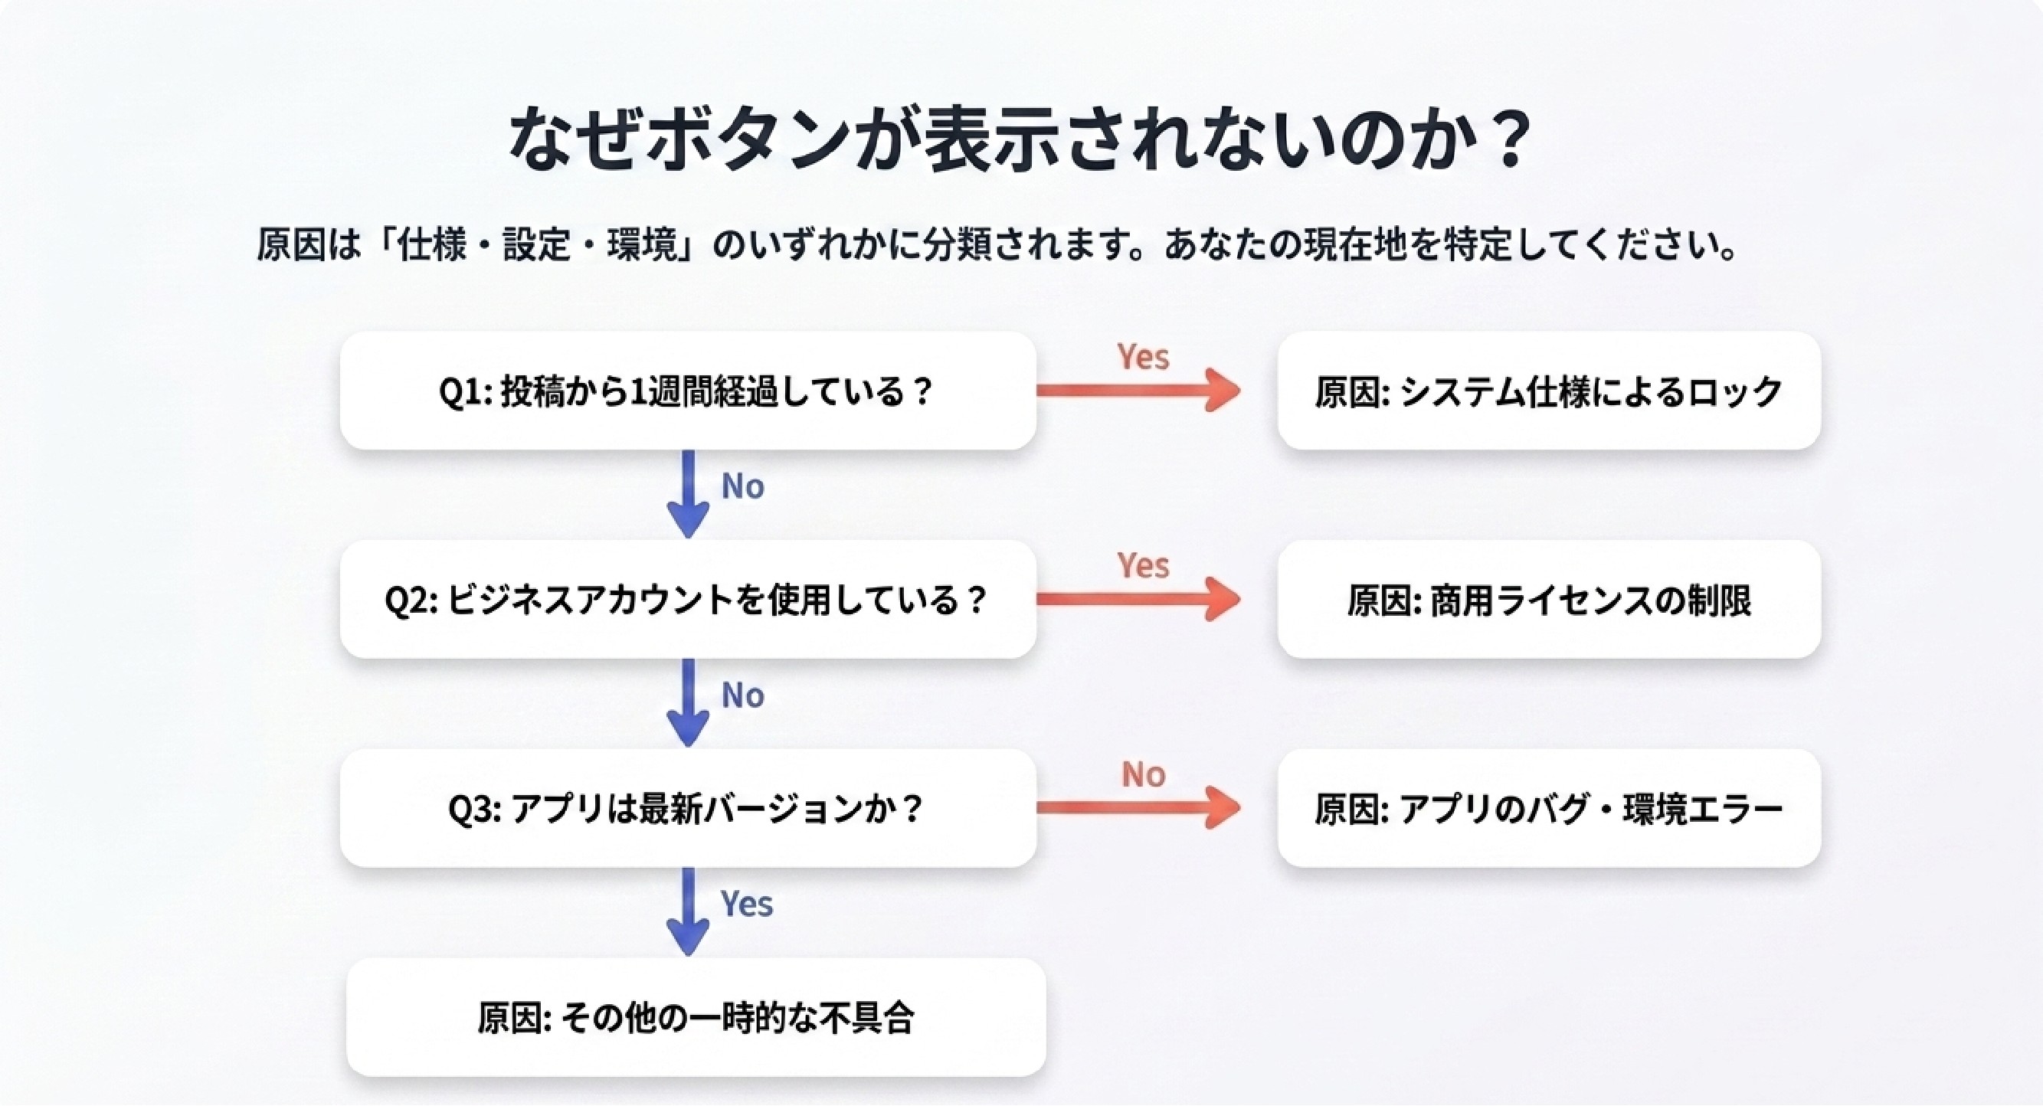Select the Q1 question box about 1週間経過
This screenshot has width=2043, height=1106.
point(689,391)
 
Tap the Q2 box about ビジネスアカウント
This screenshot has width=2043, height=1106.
point(689,600)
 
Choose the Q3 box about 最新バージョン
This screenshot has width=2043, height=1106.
point(689,808)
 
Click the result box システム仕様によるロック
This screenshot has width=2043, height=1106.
point(1549,391)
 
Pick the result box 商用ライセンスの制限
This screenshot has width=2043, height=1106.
point(1549,600)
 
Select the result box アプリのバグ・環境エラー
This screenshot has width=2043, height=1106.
point(1549,808)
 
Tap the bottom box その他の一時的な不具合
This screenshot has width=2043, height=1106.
point(696,1017)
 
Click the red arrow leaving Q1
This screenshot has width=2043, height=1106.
point(1139,390)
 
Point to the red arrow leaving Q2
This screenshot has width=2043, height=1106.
point(1139,599)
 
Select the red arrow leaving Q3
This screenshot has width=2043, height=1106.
point(1139,807)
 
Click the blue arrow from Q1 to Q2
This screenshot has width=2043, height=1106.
point(688,495)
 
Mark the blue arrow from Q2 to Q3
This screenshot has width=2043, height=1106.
point(688,703)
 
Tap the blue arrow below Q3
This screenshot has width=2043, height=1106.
point(688,912)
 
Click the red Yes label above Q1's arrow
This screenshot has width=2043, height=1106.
point(1143,357)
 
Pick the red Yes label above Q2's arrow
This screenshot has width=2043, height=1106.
point(1143,565)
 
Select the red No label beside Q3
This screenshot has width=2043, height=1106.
point(1143,774)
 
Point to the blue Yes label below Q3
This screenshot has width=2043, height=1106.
point(746,903)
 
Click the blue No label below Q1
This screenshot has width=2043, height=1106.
point(742,486)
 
